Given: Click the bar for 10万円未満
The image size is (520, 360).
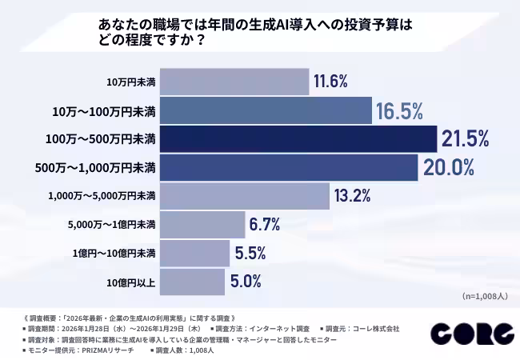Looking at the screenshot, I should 234,82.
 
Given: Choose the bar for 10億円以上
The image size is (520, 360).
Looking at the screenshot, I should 192,282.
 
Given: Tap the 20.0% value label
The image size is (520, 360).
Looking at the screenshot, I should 449,168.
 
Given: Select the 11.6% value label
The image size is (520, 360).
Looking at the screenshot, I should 330,82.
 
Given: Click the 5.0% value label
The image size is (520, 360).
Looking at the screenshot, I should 246,282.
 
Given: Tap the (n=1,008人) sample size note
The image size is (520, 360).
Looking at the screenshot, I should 485,296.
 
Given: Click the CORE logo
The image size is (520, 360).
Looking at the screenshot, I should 471,334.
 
